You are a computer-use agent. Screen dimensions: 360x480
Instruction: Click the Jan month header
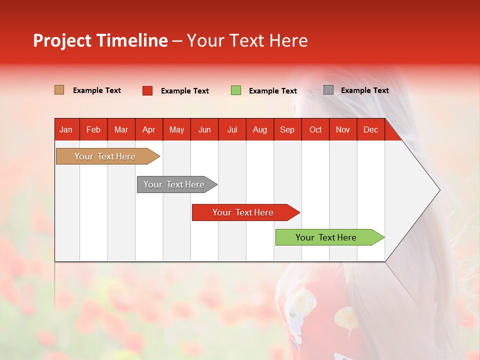[x=66, y=130]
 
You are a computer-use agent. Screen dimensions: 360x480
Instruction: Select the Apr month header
[x=148, y=130]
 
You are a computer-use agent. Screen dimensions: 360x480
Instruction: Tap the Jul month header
[x=232, y=130]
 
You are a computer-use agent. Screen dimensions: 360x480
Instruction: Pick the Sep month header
[x=287, y=130]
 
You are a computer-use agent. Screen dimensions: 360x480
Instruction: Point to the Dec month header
[x=370, y=130]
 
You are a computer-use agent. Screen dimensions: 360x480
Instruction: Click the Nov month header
[x=342, y=130]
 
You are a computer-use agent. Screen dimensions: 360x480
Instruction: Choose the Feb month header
[x=93, y=130]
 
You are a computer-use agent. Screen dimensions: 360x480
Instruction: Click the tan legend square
[x=59, y=90]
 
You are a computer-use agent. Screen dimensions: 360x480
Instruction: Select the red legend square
[x=147, y=90]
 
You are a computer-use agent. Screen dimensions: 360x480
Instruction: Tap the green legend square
[x=236, y=90]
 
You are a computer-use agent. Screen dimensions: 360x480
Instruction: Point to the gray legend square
[x=328, y=90]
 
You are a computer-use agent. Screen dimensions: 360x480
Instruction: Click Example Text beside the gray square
[x=364, y=90]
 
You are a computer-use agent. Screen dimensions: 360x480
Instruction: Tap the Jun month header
[x=204, y=130]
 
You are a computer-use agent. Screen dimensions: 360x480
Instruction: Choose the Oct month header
[x=315, y=130]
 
